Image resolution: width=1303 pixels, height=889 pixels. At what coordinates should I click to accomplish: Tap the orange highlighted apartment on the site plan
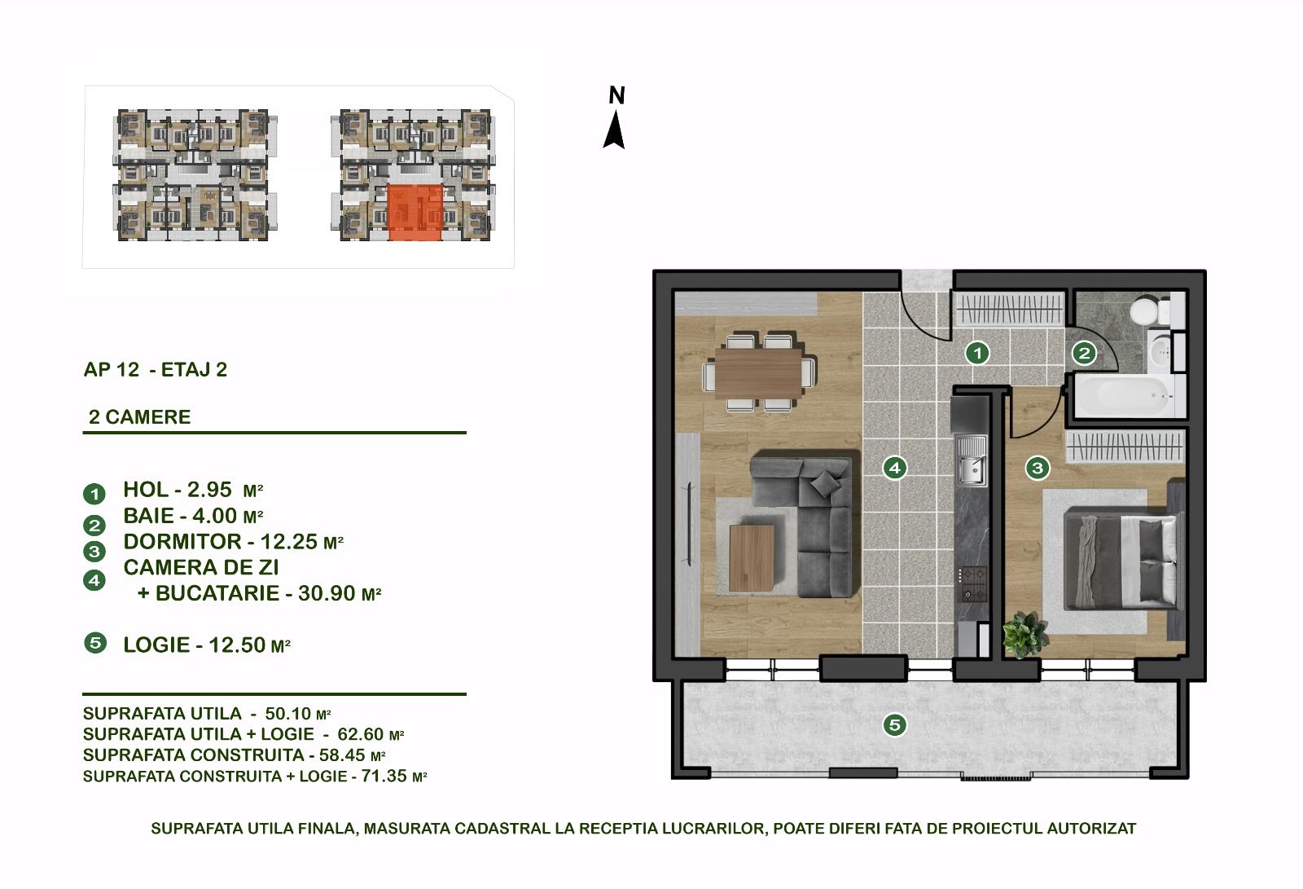tap(415, 213)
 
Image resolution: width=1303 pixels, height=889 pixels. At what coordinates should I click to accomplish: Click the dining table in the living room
tap(759, 373)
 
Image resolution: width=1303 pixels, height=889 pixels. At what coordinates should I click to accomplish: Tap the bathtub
tap(1129, 396)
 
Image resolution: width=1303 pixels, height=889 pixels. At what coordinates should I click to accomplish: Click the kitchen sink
tap(972, 461)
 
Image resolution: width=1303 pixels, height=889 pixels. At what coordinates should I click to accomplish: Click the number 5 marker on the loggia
tap(895, 725)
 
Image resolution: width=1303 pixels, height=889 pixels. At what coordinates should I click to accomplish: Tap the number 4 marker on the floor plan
tap(895, 468)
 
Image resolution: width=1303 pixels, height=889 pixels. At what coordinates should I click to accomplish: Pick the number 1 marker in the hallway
tap(977, 353)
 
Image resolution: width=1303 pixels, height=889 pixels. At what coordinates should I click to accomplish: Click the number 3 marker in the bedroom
tap(1038, 468)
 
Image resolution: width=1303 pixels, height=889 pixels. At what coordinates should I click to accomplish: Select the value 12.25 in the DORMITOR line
tap(288, 542)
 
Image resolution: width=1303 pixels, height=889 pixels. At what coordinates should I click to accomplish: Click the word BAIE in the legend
tap(148, 516)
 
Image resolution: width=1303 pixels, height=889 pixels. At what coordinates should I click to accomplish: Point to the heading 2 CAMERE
tap(139, 417)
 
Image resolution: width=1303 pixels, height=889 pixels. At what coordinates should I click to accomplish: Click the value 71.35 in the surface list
tap(384, 776)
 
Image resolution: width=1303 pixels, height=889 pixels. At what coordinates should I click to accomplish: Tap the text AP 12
tap(112, 370)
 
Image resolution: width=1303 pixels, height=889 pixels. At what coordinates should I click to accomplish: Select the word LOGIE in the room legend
tap(156, 645)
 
